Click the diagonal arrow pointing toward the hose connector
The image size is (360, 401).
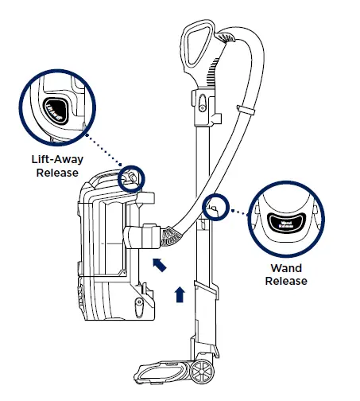point(160,263)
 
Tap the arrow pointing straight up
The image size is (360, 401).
point(180,294)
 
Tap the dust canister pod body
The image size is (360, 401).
point(103,239)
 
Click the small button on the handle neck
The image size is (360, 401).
point(201,103)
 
